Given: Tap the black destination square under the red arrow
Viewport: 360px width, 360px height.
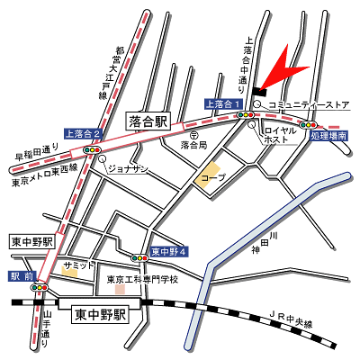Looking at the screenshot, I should [260, 90].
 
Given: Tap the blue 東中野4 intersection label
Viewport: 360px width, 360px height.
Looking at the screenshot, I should [168, 251].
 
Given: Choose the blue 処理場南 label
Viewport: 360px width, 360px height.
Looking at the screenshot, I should [328, 136].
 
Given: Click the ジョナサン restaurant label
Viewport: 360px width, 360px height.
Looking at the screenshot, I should [128, 168].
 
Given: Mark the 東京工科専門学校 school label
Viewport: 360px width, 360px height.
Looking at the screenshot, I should [141, 279].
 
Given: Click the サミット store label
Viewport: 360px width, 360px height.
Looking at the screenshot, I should [78, 265].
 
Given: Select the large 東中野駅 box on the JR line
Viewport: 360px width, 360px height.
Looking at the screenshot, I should [100, 315].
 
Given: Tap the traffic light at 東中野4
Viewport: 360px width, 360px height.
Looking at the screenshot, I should [139, 258].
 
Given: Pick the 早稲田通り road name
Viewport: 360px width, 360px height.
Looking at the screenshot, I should [37, 153].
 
